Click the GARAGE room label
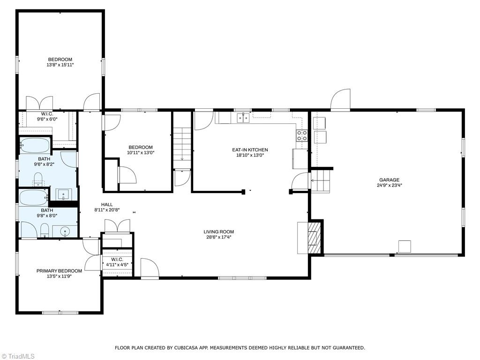(x=390, y=180)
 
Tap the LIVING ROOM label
(x=218, y=232)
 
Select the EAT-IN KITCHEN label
(x=250, y=150)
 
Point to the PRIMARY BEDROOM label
(x=59, y=271)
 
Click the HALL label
(x=107, y=204)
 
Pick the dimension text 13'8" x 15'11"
(x=60, y=65)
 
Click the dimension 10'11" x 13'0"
(x=141, y=152)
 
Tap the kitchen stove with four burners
(x=302, y=135)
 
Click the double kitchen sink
(x=243, y=118)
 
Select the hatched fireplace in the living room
(x=314, y=238)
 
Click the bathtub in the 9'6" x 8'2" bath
(x=35, y=145)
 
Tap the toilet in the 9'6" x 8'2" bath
(x=38, y=179)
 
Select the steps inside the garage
(x=321, y=181)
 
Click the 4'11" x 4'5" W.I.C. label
(x=117, y=262)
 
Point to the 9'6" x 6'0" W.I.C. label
(x=47, y=117)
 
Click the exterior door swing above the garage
(x=340, y=99)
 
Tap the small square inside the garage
(x=405, y=247)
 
